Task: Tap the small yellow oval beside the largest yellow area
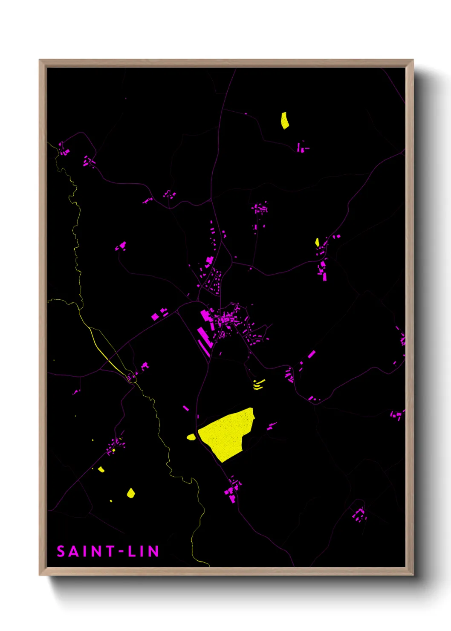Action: click(191, 437)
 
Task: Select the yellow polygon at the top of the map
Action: click(285, 121)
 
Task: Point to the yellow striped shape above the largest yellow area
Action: click(258, 385)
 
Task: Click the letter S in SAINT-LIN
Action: click(61, 552)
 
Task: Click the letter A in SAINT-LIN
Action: click(73, 552)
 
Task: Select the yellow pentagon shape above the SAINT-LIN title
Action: click(131, 493)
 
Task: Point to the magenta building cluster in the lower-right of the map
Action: click(359, 515)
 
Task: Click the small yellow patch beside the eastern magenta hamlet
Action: click(317, 242)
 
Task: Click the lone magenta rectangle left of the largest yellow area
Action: click(186, 408)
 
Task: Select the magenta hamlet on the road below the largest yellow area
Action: click(233, 488)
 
